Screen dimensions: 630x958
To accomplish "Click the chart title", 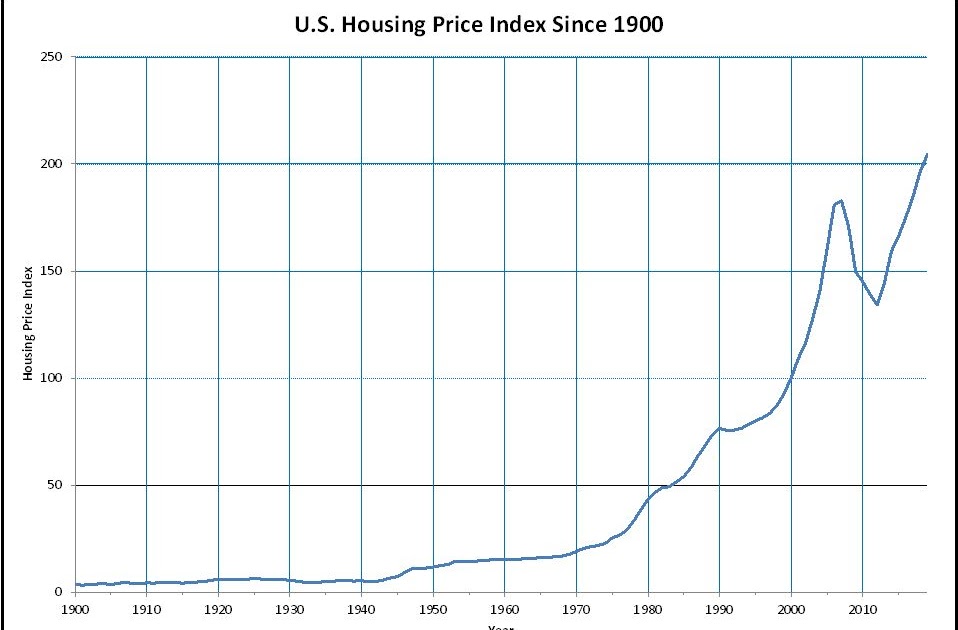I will tap(478, 25).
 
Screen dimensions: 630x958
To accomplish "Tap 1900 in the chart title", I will tap(636, 25).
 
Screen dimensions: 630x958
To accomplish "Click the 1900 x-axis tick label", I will tap(75, 607).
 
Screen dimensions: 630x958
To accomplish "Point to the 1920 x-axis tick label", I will tap(218, 607).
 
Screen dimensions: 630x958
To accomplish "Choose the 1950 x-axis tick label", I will tap(433, 607).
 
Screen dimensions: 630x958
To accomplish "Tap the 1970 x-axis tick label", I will tap(576, 607).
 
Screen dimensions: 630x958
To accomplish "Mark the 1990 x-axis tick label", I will tap(719, 607).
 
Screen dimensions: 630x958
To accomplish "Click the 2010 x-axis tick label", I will tap(862, 607).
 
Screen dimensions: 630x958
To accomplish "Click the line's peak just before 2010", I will tap(841, 201).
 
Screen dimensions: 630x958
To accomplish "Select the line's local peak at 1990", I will tap(719, 428).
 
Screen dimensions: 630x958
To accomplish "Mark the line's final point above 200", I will tap(927, 154).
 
